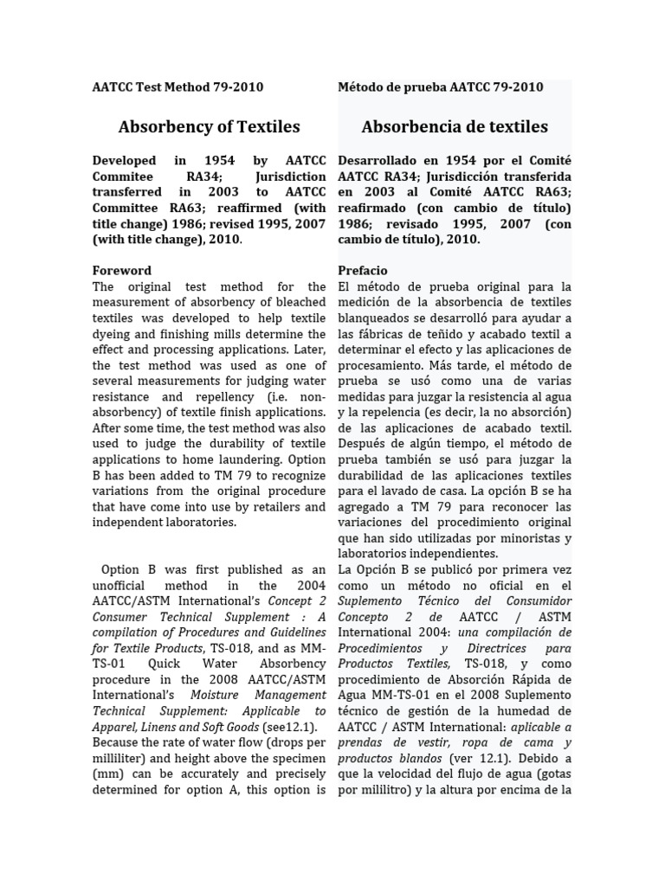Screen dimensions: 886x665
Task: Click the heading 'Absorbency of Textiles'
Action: click(209, 126)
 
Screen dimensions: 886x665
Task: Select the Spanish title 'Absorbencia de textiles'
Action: click(454, 126)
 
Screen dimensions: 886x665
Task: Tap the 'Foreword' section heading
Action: click(121, 270)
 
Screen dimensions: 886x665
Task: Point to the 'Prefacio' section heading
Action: click(363, 270)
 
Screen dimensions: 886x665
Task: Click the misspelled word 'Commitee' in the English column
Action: click(121, 177)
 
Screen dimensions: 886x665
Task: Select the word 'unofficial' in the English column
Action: click(123, 586)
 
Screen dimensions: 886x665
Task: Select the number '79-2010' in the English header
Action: click(235, 87)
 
